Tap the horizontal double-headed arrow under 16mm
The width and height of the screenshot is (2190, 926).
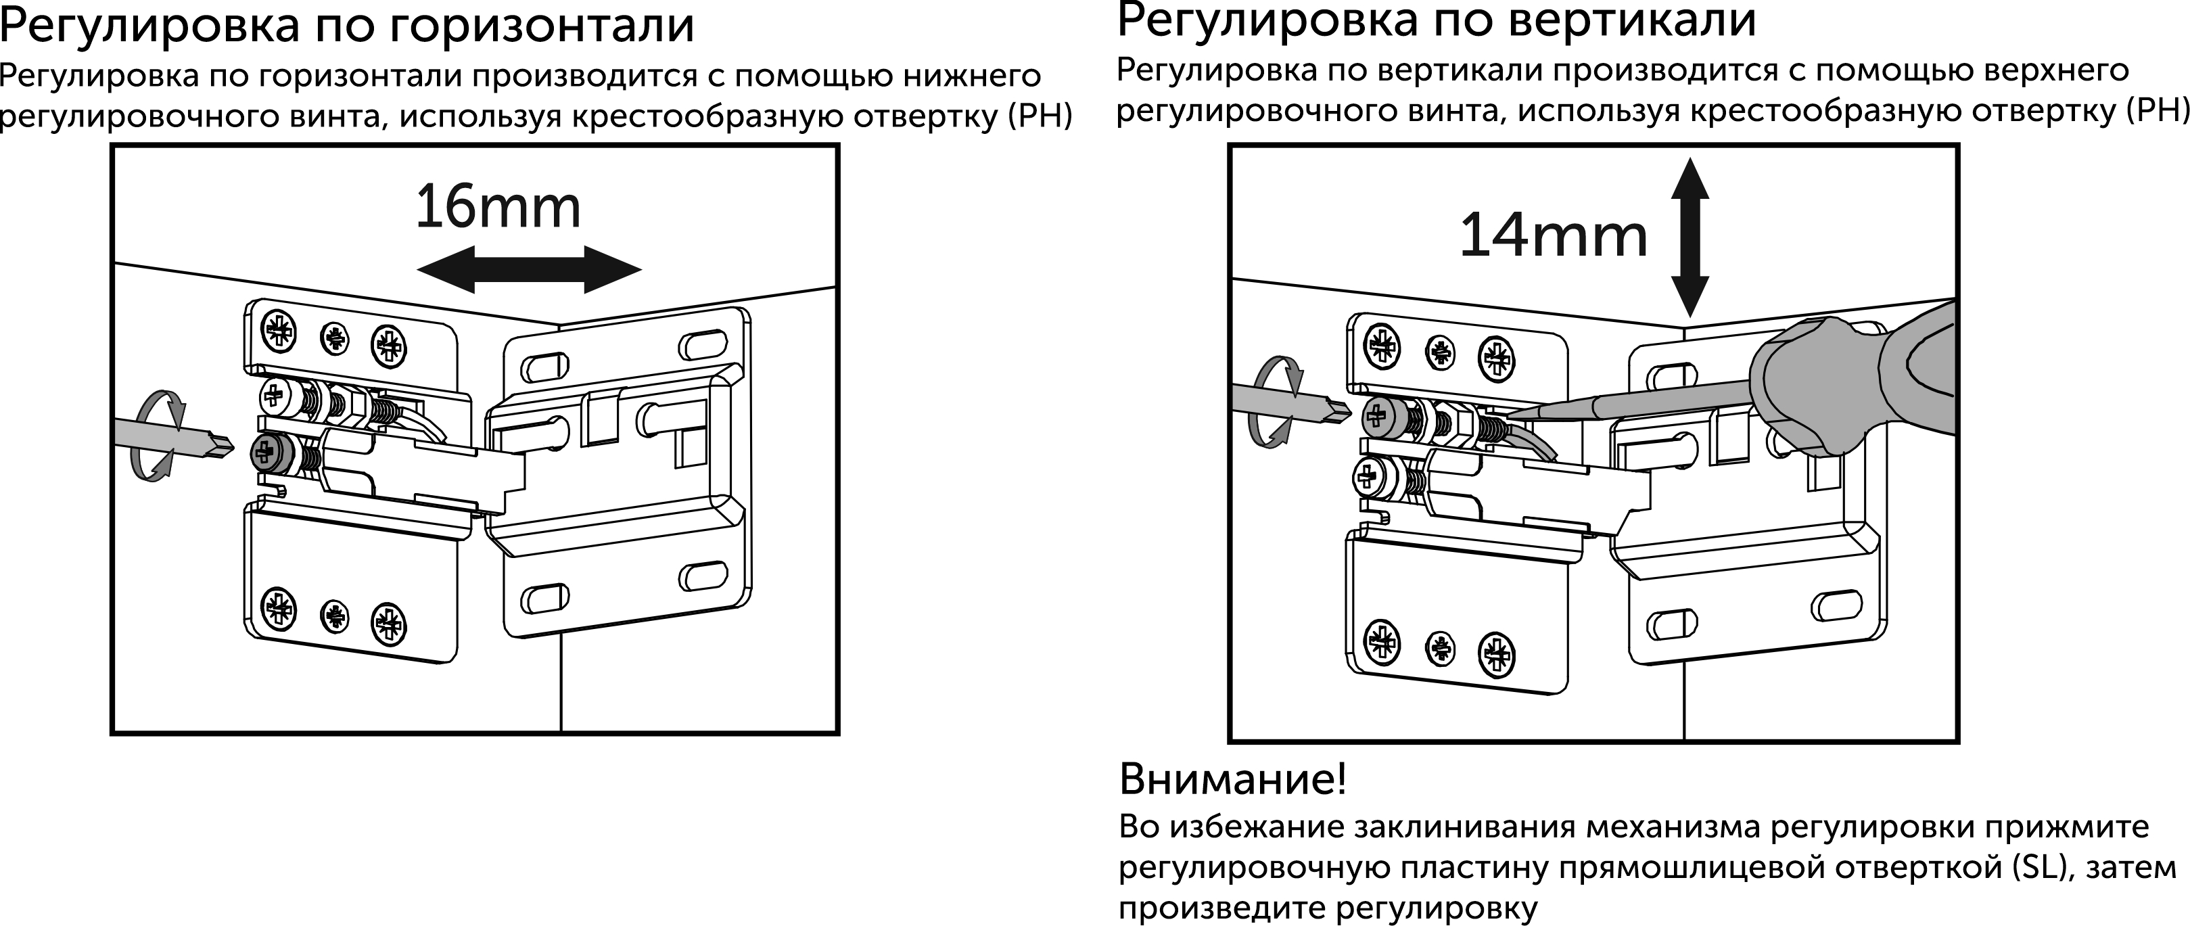coord(529,271)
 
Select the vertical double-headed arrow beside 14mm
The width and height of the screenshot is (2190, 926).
coord(1690,237)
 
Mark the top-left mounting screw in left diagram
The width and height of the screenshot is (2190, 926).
coord(278,329)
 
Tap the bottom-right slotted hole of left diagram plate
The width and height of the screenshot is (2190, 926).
coord(703,575)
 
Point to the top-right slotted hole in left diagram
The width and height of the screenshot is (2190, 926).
coord(703,344)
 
